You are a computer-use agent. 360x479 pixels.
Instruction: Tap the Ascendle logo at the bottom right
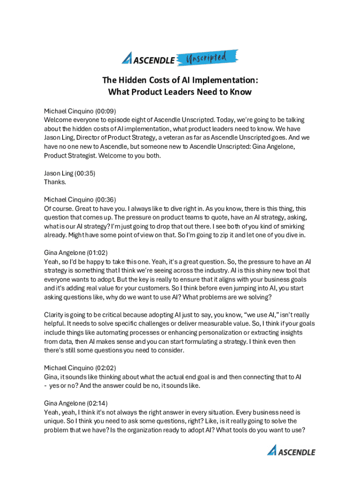point(291,451)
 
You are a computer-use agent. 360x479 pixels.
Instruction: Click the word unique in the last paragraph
point(54,421)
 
